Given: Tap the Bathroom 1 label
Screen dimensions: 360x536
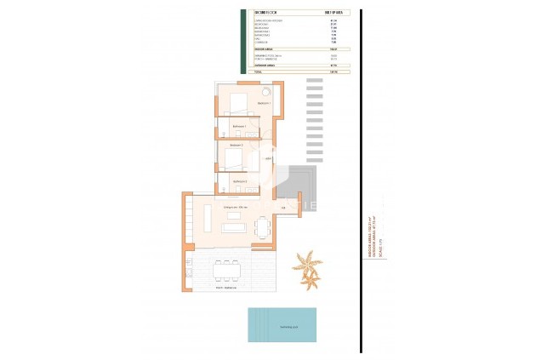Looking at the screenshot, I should click(238, 126).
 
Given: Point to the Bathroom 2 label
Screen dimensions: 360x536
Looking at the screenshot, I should click(240, 181).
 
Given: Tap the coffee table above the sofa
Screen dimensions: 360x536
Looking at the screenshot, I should click(233, 214).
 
